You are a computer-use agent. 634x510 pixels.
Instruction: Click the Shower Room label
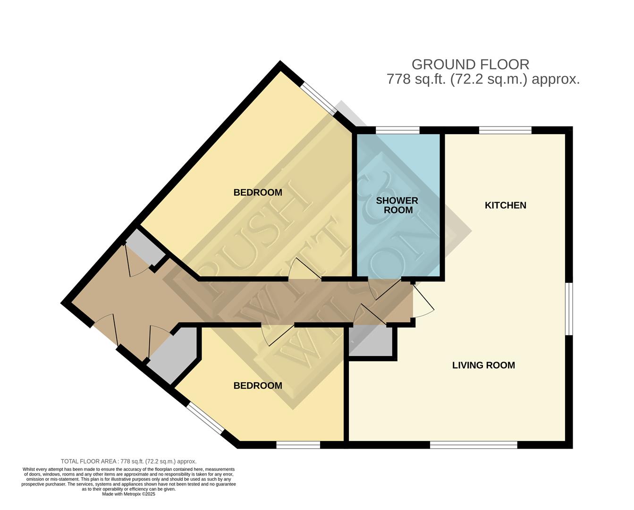tap(397, 205)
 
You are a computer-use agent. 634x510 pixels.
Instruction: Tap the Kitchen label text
tap(506, 205)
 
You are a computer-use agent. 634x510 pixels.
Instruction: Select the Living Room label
tap(483, 365)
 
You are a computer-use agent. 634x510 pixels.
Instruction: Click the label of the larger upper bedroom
tap(258, 193)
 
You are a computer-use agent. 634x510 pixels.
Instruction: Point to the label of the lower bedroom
tap(258, 386)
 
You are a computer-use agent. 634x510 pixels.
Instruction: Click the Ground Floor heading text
tap(470, 65)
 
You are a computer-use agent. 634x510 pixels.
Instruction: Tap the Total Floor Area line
tap(128, 461)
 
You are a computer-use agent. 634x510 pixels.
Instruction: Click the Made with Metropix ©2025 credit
tap(128, 494)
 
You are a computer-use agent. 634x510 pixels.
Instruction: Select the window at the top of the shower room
tap(397, 130)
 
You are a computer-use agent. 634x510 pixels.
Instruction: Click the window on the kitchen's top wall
tap(505, 130)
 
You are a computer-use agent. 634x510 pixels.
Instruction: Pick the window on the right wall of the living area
tap(569, 309)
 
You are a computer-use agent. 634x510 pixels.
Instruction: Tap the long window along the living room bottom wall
tap(474, 445)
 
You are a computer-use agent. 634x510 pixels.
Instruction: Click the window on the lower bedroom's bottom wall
tap(298, 445)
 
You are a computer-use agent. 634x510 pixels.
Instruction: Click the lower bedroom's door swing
tap(277, 335)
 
